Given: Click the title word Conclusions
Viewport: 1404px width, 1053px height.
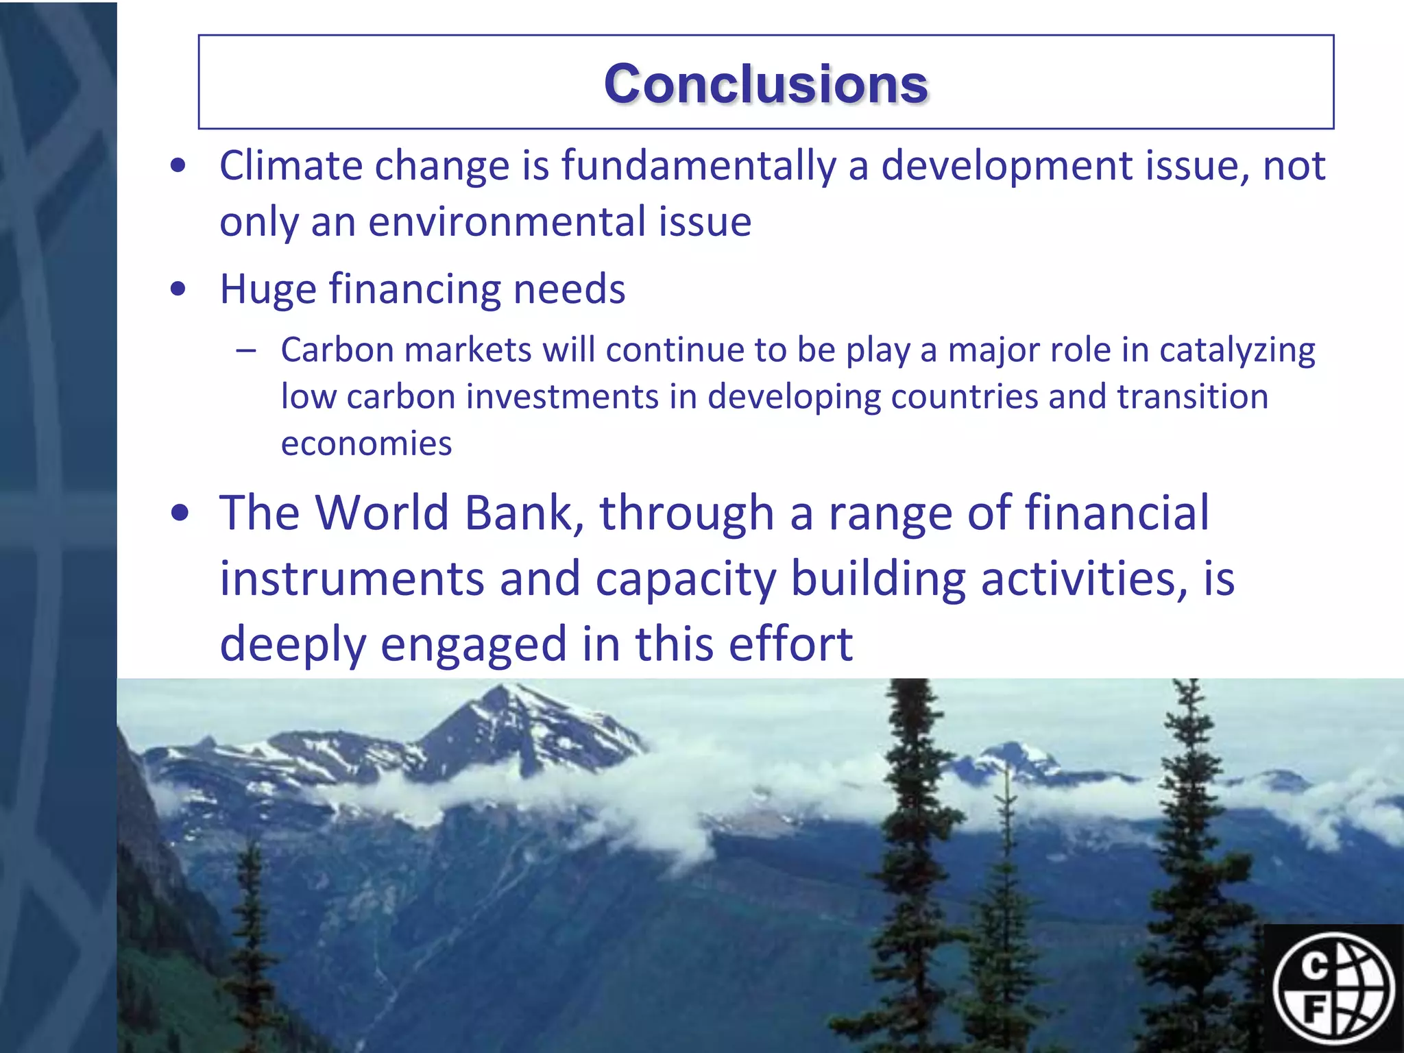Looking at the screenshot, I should (766, 84).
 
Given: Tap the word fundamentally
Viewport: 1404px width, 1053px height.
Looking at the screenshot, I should (699, 166).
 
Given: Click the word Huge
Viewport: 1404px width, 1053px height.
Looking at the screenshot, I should (267, 289).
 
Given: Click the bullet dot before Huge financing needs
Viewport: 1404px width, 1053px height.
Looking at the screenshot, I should (178, 289).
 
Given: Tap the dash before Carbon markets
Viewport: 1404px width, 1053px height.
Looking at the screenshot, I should (245, 351).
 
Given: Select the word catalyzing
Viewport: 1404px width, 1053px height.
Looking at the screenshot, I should (1237, 351).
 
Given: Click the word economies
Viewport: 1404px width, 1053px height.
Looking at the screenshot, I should (366, 444).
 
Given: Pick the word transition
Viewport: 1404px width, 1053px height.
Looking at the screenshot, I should (1192, 397).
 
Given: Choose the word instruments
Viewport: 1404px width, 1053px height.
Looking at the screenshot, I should (352, 579).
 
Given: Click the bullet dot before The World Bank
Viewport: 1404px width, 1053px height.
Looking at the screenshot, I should (180, 513).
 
